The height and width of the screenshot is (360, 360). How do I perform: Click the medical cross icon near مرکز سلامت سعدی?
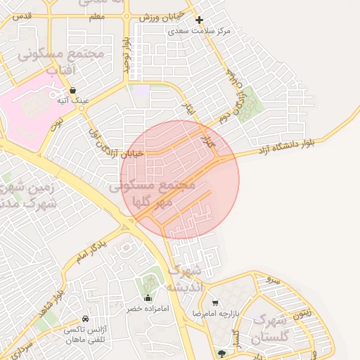(199, 21)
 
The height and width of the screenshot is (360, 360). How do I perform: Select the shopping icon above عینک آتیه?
(74, 90)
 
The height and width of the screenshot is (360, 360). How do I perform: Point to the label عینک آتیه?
(74, 101)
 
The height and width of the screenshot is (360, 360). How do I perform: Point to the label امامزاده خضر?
(144, 309)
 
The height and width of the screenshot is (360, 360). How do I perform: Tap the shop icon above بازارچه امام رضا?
(216, 302)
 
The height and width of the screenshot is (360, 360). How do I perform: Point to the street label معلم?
(97, 15)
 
